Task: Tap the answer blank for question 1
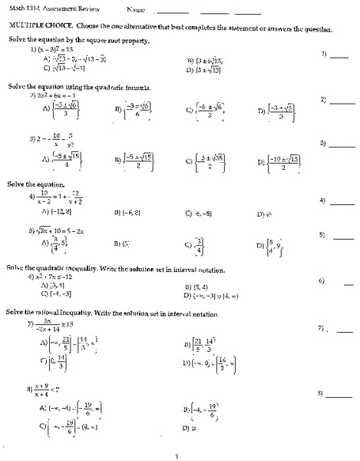pos(340,55)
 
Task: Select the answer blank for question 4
pos(340,201)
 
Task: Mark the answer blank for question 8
pos(340,394)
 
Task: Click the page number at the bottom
pos(177,454)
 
